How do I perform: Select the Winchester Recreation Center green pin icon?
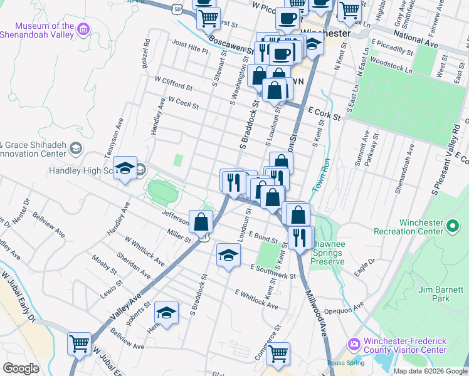[x=453, y=224]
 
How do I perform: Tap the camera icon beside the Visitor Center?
[x=354, y=344]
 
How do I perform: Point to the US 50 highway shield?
[x=179, y=10]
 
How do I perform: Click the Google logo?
[x=21, y=368]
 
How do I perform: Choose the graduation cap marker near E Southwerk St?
[x=228, y=254]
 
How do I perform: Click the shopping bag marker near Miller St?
[x=201, y=221]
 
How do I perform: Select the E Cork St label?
[x=324, y=113]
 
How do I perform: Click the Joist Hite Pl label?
[x=189, y=47]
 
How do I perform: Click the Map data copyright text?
[x=429, y=371]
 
